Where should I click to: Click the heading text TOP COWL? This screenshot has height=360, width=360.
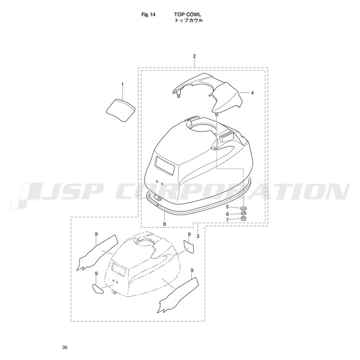click(188, 15)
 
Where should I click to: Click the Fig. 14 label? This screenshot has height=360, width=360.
click(148, 15)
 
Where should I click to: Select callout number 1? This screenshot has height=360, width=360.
click(122, 85)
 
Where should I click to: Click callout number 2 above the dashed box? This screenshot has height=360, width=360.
click(194, 56)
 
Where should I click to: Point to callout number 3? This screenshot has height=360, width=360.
click(198, 236)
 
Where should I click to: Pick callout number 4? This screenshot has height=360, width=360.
click(252, 93)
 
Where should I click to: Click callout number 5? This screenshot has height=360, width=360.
click(228, 207)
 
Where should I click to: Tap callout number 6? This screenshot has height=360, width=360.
click(228, 214)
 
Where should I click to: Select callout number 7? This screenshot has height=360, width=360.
click(228, 220)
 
